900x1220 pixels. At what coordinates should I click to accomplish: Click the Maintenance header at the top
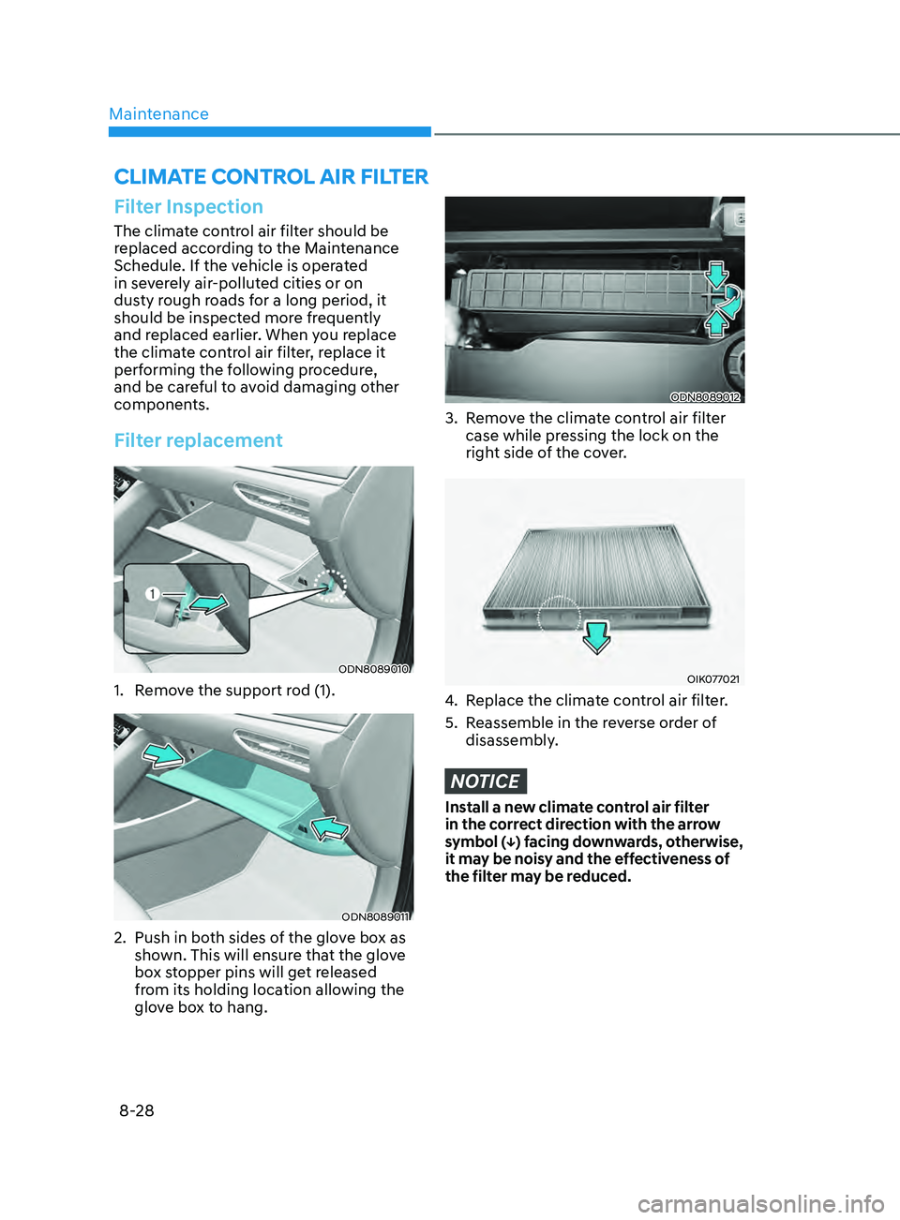[158, 113]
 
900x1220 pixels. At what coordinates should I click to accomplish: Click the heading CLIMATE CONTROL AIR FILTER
[271, 177]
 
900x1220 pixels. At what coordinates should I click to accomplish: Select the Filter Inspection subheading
[188, 207]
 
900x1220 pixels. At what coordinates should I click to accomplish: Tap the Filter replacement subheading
[199, 440]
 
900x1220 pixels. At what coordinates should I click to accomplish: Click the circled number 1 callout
[152, 594]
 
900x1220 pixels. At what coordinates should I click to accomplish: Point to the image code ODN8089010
[374, 669]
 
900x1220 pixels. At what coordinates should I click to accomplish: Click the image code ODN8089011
[375, 916]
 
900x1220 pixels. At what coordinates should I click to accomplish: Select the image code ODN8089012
[706, 397]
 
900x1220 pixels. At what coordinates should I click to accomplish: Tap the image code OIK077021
[713, 679]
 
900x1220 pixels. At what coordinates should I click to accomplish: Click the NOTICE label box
[486, 781]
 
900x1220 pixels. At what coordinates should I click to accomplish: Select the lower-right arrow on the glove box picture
[329, 828]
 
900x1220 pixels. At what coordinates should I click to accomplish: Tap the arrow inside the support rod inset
[210, 603]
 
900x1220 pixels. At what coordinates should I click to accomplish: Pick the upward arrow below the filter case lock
[716, 325]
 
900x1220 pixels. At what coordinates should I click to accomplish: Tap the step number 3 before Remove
[450, 418]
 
